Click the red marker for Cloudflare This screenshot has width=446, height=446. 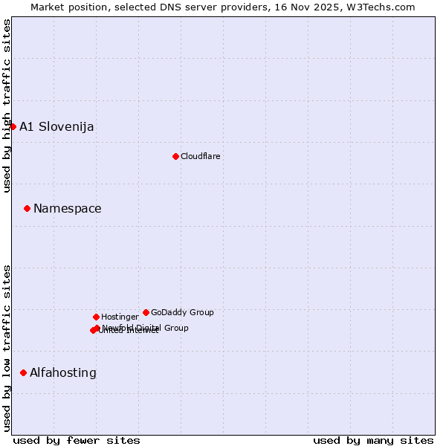coord(175,156)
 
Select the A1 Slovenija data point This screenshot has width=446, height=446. coord(13,126)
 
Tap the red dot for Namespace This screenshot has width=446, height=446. coord(27,208)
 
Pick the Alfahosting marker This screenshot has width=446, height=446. coord(23,372)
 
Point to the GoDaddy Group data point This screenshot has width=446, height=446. coord(146,312)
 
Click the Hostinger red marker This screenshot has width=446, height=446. coord(96,317)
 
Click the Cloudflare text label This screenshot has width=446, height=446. coord(200,156)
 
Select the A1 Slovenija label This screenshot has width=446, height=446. coord(56,126)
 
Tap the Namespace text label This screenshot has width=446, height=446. coord(67,208)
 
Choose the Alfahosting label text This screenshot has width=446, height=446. coord(62,372)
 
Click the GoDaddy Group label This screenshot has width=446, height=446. coord(182,312)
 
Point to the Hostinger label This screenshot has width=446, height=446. coord(120,317)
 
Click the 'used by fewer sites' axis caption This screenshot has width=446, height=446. coord(77,440)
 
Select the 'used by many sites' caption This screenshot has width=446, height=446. coord(373,440)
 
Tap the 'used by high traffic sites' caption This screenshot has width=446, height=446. coord(7,105)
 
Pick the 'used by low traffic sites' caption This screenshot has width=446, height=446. coord(7,348)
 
